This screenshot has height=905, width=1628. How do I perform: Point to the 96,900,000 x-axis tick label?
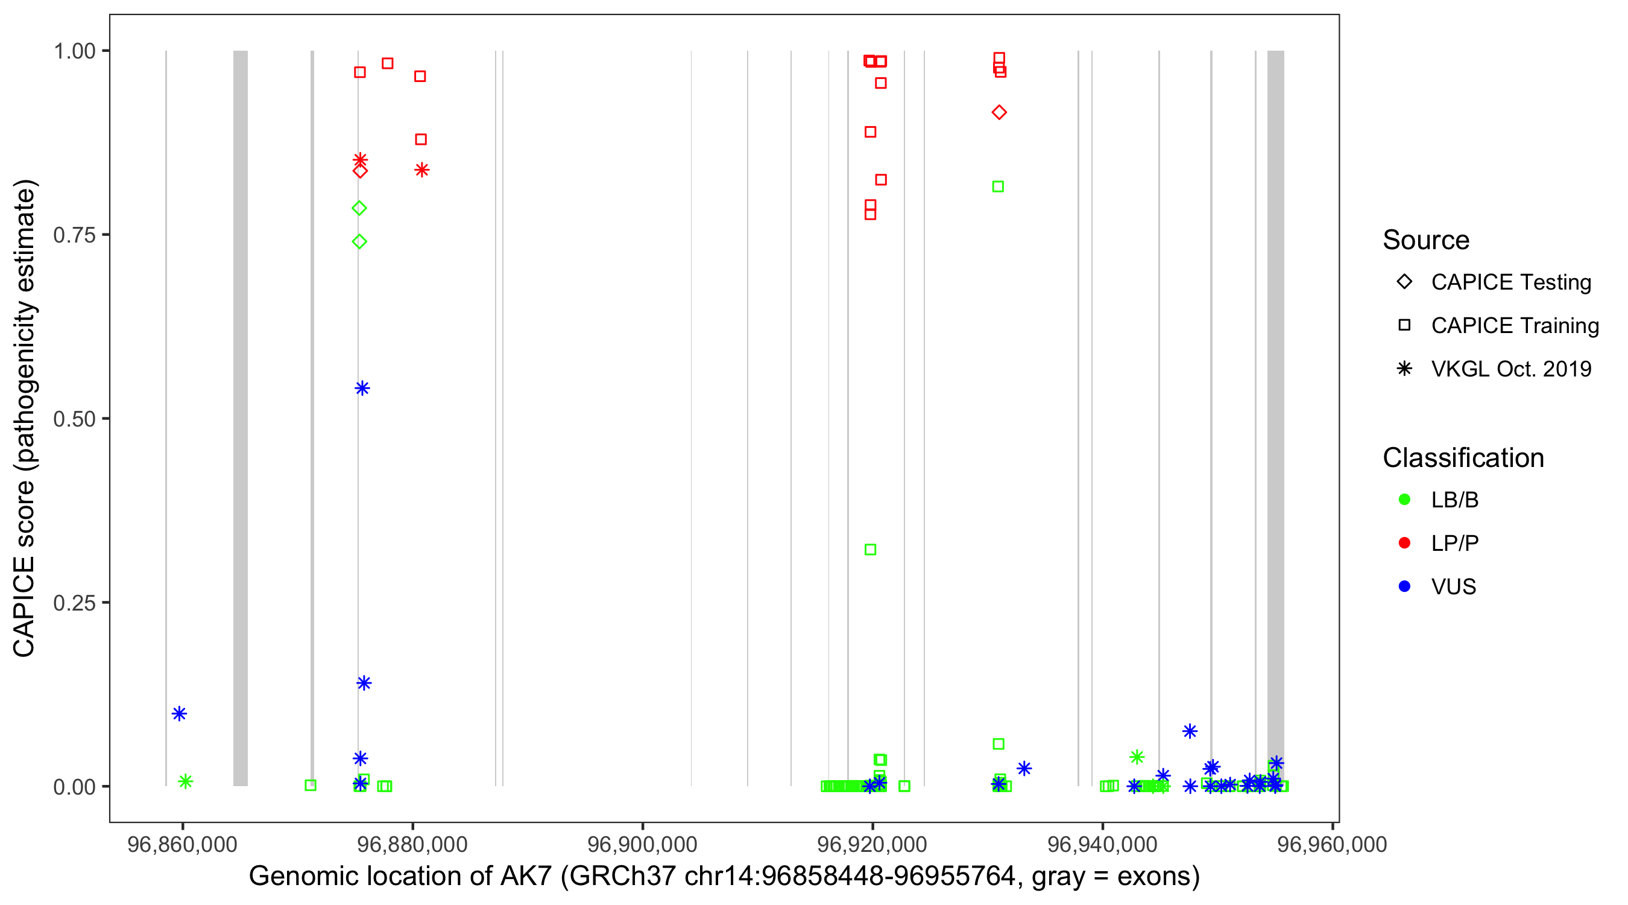(x=642, y=844)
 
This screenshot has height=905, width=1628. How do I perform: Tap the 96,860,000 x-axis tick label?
(x=182, y=844)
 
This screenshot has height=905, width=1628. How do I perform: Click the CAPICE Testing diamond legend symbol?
(x=1404, y=282)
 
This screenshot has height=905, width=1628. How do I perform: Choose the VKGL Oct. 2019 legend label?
(x=1510, y=369)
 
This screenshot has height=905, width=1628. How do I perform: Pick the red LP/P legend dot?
(x=1404, y=543)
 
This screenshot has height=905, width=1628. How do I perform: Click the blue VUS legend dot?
(x=1404, y=587)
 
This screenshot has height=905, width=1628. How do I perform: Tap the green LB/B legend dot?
(x=1404, y=500)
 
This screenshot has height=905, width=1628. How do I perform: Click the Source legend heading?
(x=1425, y=240)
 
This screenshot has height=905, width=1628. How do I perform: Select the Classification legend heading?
(x=1462, y=458)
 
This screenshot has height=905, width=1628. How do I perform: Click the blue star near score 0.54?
(x=362, y=389)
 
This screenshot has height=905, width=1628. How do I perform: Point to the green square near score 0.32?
(x=870, y=550)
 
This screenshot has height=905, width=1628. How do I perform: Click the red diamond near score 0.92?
(x=999, y=113)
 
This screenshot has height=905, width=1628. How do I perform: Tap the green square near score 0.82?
(x=998, y=186)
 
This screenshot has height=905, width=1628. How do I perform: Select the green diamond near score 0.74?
(x=359, y=241)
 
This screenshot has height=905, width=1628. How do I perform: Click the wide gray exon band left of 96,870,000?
(x=240, y=418)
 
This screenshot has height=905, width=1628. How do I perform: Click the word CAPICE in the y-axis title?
(x=24, y=607)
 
